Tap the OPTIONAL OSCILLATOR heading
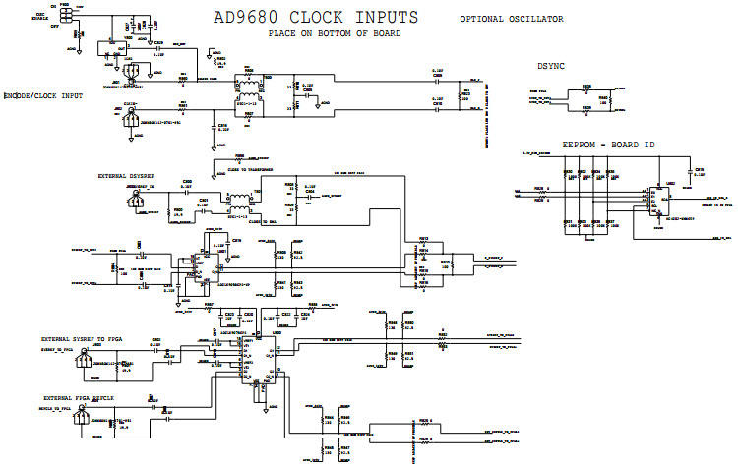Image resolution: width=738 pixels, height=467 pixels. [512, 19]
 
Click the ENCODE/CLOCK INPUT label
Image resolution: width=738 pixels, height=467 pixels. [45, 95]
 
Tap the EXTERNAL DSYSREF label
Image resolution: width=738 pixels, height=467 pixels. [128, 175]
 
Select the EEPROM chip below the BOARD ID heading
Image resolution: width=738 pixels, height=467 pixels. [655, 201]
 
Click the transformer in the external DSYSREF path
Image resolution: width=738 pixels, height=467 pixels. [239, 204]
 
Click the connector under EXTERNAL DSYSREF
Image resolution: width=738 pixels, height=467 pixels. [137, 200]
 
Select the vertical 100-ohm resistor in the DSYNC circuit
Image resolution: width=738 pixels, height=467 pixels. [611, 97]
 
